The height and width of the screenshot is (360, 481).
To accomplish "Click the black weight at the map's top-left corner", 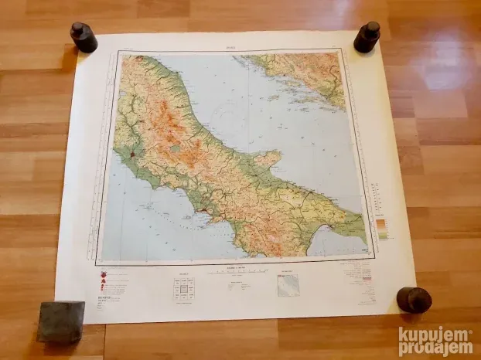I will (84, 37).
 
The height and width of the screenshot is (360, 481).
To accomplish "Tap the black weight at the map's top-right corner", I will (367, 36).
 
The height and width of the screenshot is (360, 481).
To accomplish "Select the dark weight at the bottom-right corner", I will (414, 299).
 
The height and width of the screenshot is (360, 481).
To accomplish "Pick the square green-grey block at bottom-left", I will (60, 321).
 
